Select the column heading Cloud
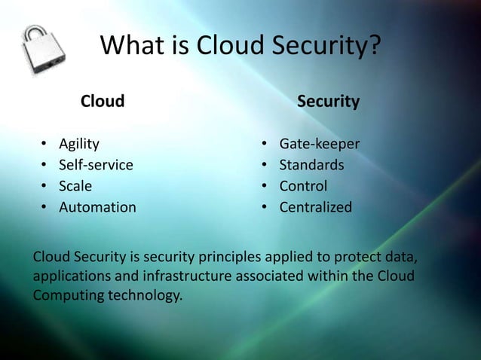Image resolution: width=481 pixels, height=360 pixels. [103, 101]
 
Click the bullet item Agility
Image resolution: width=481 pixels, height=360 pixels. [78, 143]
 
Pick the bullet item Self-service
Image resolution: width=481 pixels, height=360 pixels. [96, 164]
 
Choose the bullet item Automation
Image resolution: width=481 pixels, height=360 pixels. [98, 206]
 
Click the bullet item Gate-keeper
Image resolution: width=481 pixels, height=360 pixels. [320, 143]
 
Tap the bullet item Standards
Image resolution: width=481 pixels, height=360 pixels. [312, 164]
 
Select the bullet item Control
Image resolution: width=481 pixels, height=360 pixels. [304, 185]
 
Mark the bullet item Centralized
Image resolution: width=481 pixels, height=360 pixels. [315, 206]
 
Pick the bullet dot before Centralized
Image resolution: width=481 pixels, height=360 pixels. [265, 207]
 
